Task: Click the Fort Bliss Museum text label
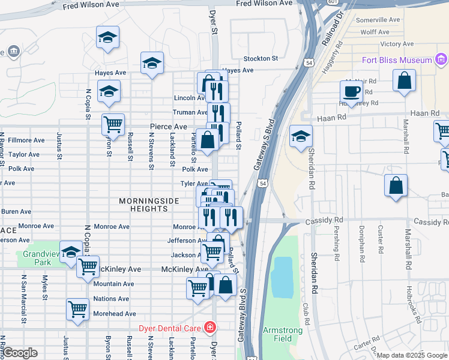[x=397, y=60]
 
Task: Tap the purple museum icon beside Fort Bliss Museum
[x=442, y=59]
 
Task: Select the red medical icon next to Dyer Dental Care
[x=209, y=328]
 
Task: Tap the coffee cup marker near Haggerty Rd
[x=351, y=91]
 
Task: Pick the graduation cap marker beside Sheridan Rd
[x=301, y=136]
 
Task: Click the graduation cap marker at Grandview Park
[x=71, y=251]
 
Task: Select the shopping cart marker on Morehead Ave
[x=77, y=309]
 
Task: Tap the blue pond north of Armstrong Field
[x=281, y=277]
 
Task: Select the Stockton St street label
[x=261, y=59]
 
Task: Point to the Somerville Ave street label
[x=378, y=20]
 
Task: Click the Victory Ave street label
[x=397, y=44]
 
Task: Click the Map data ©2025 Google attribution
[x=411, y=355]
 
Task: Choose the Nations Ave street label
[x=111, y=299]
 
